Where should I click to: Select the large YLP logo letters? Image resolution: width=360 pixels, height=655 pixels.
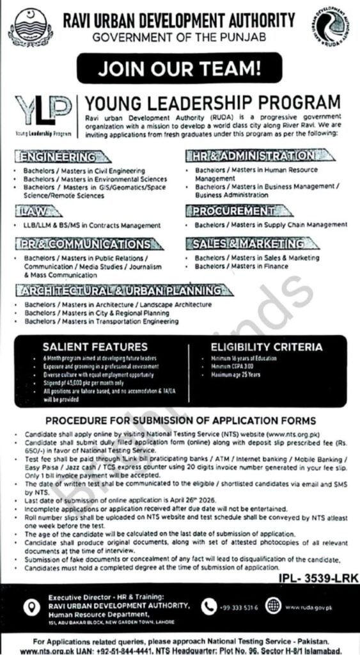pyautogui.click(x=42, y=109)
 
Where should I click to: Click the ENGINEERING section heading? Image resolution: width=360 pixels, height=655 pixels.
pyautogui.click(x=58, y=156)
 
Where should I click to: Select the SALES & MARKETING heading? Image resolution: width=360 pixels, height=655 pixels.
pyautogui.click(x=246, y=244)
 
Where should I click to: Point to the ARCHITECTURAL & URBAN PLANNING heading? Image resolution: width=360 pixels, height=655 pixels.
pyautogui.click(x=125, y=290)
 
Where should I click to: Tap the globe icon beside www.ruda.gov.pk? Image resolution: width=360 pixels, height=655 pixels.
pyautogui.click(x=273, y=604)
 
